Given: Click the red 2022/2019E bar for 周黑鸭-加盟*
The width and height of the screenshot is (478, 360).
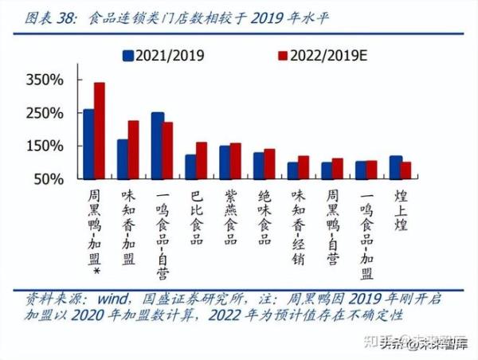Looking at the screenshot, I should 100,131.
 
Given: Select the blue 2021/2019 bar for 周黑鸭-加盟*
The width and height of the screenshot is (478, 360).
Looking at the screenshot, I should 88,144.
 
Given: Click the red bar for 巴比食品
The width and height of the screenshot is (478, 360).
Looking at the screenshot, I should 202,160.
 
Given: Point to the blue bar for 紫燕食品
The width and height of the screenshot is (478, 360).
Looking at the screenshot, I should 225,162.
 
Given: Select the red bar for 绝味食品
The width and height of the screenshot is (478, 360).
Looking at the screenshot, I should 269,164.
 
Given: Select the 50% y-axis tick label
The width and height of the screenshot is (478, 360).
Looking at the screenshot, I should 49,179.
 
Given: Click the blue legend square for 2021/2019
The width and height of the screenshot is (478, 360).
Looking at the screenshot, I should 127,56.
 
